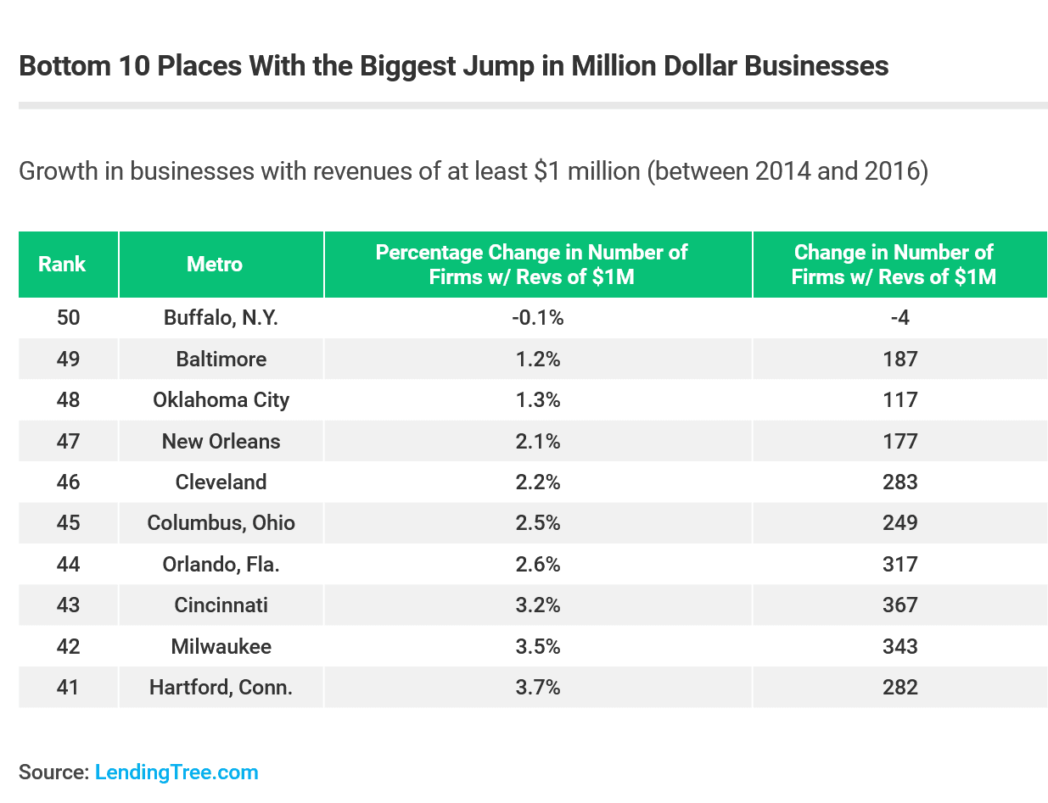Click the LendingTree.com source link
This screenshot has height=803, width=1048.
[177, 772]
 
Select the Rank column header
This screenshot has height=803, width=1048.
[62, 265]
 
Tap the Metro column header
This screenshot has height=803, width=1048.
[215, 265]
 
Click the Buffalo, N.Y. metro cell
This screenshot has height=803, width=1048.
[221, 318]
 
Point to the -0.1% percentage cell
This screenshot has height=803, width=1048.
[539, 318]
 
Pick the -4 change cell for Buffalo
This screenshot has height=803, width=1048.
[899, 318]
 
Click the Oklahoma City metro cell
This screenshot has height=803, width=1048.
[221, 399]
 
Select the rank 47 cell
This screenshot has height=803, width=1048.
[68, 441]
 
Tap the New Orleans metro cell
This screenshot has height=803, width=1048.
[221, 441]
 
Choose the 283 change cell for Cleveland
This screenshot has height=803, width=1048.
[899, 482]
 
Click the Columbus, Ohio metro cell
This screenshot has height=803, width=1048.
[221, 522]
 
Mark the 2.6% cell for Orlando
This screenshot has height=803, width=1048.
[539, 564]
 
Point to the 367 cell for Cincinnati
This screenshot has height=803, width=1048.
[899, 605]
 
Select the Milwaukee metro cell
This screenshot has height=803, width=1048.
[221, 646]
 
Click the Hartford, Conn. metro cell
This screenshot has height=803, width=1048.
[221, 687]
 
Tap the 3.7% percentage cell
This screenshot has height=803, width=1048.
[539, 687]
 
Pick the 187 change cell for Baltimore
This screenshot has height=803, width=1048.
[899, 359]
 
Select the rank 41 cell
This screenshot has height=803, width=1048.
[68, 687]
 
